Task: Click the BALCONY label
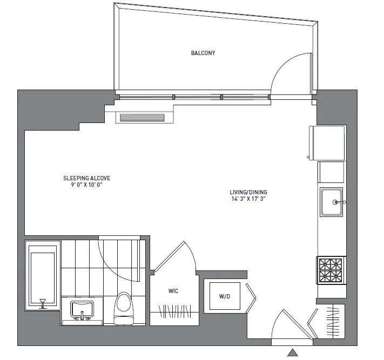click(203, 53)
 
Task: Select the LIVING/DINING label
click(248, 192)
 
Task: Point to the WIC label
click(173, 291)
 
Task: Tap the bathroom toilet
click(123, 308)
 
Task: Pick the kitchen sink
click(331, 202)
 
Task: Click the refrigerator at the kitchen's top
click(327, 142)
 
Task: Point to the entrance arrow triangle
click(292, 353)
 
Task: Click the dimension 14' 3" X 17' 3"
click(248, 199)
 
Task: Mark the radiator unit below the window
click(142, 117)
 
